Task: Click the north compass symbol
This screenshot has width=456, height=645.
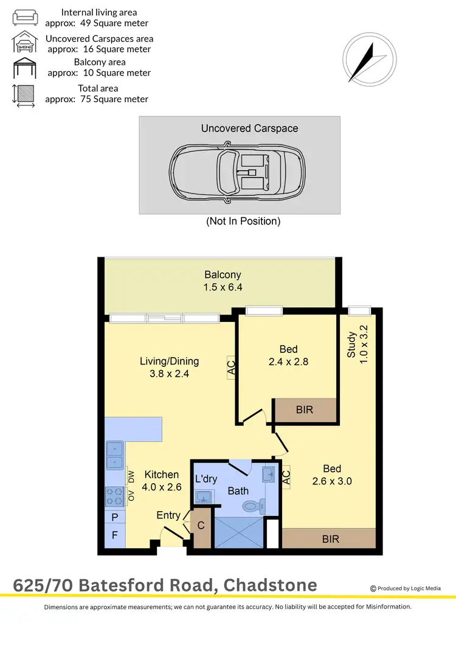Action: click(x=369, y=60)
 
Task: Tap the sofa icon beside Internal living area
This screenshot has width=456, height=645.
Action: click(x=25, y=16)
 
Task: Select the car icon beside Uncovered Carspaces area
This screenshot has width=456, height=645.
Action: click(x=25, y=43)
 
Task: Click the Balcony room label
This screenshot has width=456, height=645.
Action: click(x=223, y=274)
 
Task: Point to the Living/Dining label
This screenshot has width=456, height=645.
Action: click(x=169, y=361)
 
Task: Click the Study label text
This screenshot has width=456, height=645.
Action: click(x=351, y=344)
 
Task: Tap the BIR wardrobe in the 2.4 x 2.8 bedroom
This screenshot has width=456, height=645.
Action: click(x=305, y=410)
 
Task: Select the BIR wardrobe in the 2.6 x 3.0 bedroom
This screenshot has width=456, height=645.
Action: click(x=330, y=539)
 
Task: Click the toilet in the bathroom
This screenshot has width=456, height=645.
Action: click(x=252, y=505)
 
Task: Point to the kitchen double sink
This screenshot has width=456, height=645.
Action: click(x=115, y=456)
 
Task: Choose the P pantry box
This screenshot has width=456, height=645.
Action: click(x=115, y=517)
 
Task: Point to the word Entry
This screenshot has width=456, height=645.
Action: click(x=168, y=515)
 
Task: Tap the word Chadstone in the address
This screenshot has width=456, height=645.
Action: click(x=270, y=585)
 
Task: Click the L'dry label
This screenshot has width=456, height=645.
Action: click(x=206, y=479)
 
